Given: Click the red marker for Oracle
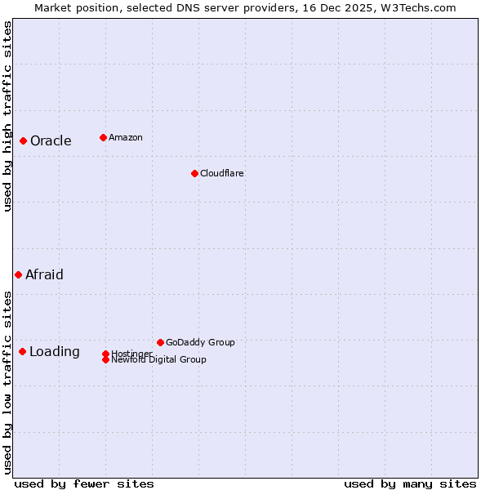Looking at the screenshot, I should tap(24, 140).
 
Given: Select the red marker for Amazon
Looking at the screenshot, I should tap(103, 137).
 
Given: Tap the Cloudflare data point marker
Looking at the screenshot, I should tap(194, 173).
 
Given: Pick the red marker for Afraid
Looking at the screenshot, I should tap(18, 274).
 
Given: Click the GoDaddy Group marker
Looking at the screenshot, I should tap(160, 342).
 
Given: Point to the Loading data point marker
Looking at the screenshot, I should tap(22, 351).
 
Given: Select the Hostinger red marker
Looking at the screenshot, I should tap(105, 354).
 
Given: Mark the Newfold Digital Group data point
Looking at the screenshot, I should tap(105, 359).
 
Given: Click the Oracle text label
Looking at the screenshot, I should tap(51, 140).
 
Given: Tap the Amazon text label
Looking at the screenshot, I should tap(126, 137).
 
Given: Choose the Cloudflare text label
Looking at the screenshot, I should tap(222, 173).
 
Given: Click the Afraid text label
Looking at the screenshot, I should tap(44, 274).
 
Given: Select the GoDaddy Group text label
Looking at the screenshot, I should tap(200, 342).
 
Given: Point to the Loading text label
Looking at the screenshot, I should tap(55, 351).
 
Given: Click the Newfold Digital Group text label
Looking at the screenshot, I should tap(159, 360).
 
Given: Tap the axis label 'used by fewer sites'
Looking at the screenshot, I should tap(84, 483).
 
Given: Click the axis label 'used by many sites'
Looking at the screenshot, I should tap(410, 483).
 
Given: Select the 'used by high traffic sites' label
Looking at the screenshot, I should tap(7, 116).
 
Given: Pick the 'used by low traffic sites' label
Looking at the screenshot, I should tap(7, 381).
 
